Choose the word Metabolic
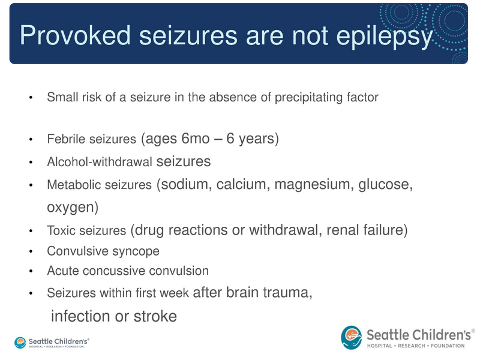click(x=68, y=186)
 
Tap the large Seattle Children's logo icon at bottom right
click(x=352, y=337)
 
